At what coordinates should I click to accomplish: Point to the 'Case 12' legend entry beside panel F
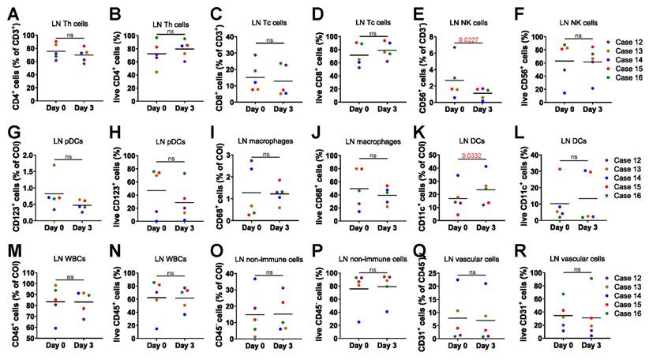(x=624, y=42)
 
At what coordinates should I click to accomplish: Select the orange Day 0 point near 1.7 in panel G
(x=54, y=165)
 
